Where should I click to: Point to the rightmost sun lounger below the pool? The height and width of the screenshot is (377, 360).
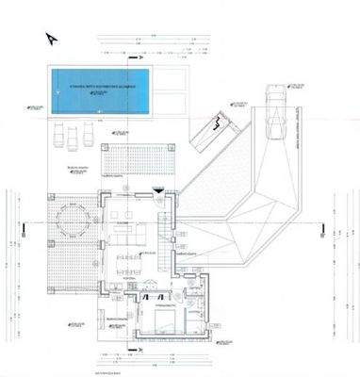[x=87, y=132]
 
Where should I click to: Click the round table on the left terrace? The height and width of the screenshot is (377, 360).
[x=72, y=221]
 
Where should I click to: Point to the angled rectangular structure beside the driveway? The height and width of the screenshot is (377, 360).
[x=218, y=132]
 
